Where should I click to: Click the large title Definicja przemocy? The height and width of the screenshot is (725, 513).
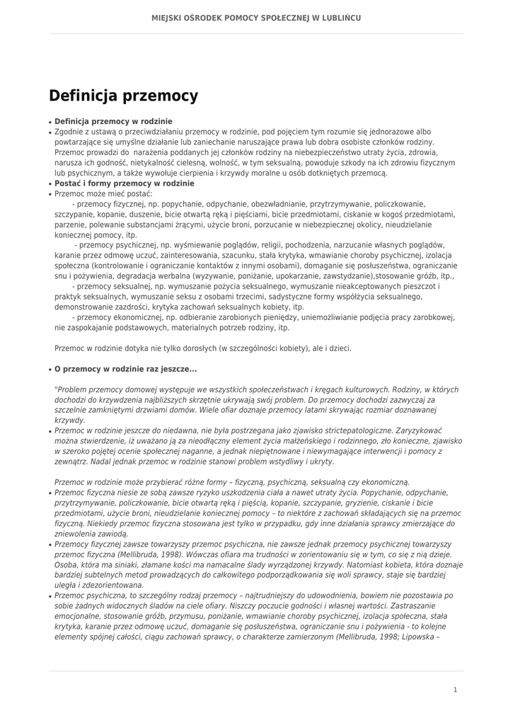(123, 96)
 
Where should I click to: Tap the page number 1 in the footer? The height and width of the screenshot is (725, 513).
(455, 689)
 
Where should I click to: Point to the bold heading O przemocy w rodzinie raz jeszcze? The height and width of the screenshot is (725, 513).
(125, 369)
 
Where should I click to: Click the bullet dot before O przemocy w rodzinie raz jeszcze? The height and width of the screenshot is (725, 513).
(50, 370)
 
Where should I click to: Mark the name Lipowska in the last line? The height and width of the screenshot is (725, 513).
(422, 636)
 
